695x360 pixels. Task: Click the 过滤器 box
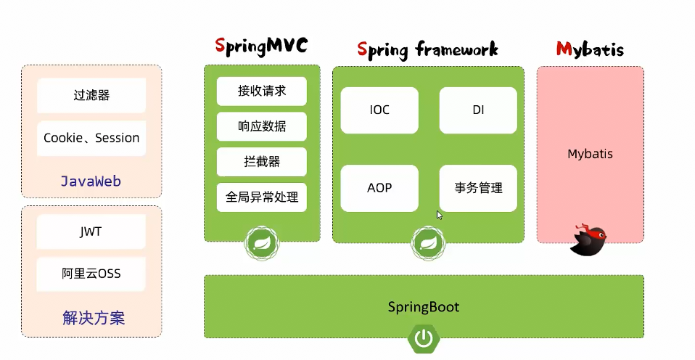(91, 95)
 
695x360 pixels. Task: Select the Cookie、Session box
(91, 138)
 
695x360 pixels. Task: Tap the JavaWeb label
(91, 181)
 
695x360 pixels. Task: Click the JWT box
(91, 232)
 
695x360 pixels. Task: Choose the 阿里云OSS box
(91, 274)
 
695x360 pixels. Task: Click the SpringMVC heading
(262, 46)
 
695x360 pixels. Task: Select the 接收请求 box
(262, 91)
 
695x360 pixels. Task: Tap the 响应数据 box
(262, 126)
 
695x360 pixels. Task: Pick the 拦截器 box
(262, 162)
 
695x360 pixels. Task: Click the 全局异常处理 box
(262, 197)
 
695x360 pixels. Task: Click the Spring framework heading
(428, 49)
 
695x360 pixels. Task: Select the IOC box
(379, 110)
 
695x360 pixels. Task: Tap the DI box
(478, 110)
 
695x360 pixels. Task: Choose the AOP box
(379, 188)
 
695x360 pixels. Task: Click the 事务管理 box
(478, 188)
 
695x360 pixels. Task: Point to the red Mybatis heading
(590, 49)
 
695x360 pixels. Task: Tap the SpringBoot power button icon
(424, 338)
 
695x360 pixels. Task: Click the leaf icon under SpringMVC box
(261, 242)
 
